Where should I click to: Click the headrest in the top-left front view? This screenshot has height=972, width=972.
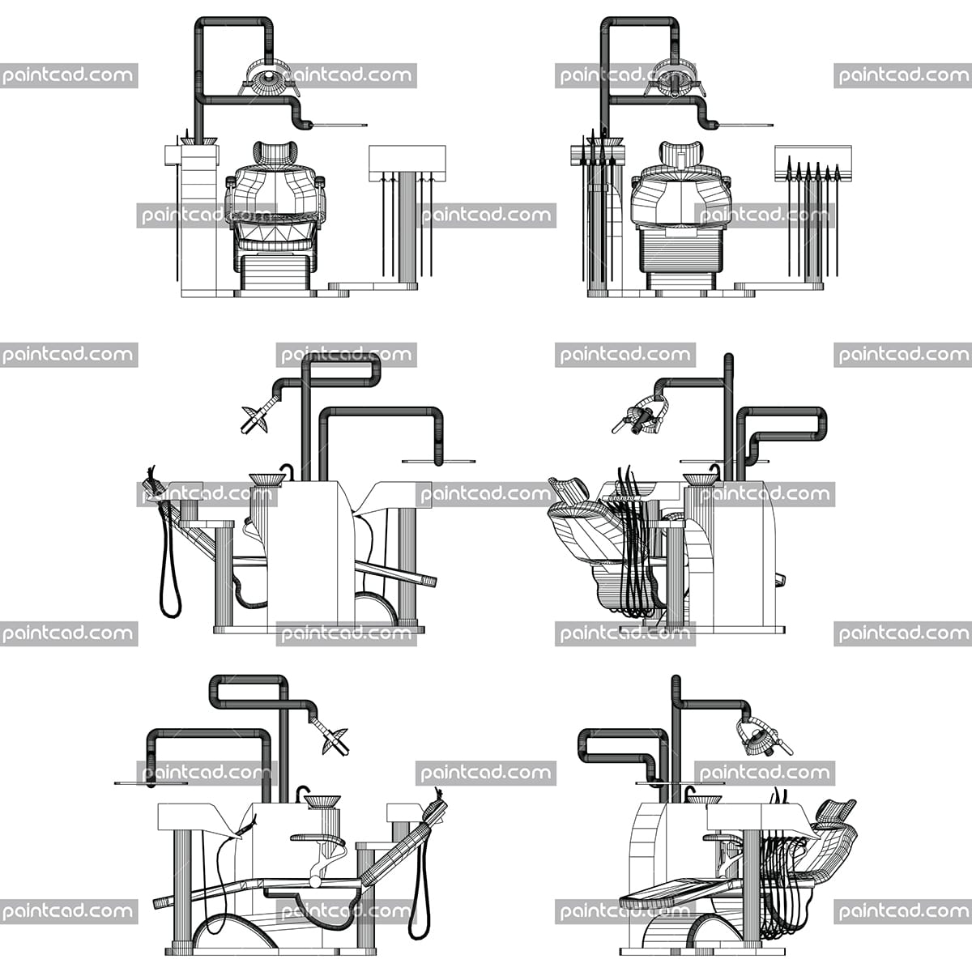275,152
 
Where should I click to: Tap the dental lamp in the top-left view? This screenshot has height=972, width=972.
269,79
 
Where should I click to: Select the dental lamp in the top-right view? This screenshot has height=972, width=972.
675,79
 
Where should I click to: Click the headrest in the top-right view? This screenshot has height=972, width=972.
680,152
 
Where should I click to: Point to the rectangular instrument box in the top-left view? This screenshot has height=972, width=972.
407,163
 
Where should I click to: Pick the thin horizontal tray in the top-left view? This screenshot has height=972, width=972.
339,125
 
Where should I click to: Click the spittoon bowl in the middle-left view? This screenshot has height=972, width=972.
266,479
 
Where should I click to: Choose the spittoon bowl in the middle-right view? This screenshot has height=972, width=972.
701,479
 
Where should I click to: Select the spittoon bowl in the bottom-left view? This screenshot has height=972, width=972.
322,801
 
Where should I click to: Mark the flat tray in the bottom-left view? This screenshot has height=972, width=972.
151,783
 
